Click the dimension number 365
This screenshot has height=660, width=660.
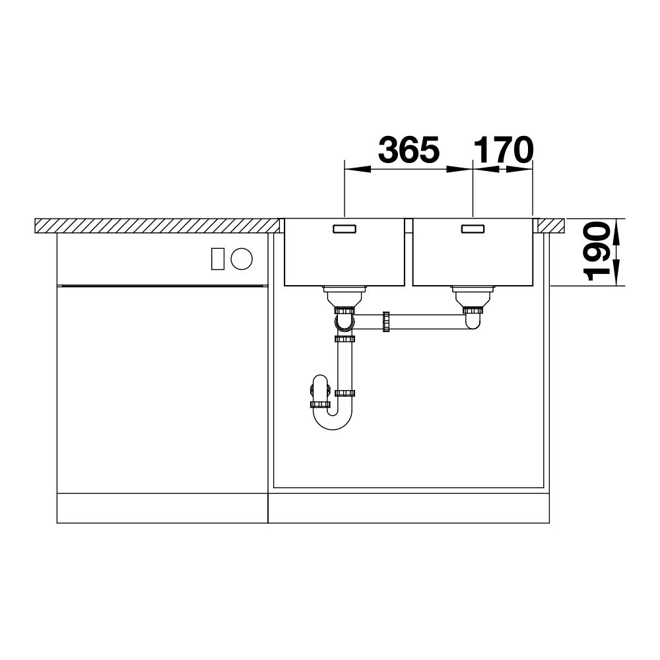point(409,150)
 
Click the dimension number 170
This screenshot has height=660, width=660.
point(504,150)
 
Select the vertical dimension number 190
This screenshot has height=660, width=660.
point(597,251)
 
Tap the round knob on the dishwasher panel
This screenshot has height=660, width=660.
point(242,259)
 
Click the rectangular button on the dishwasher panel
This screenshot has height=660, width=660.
point(218,259)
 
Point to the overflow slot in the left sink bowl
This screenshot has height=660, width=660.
point(345,229)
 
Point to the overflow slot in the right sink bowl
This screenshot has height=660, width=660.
point(473,229)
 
